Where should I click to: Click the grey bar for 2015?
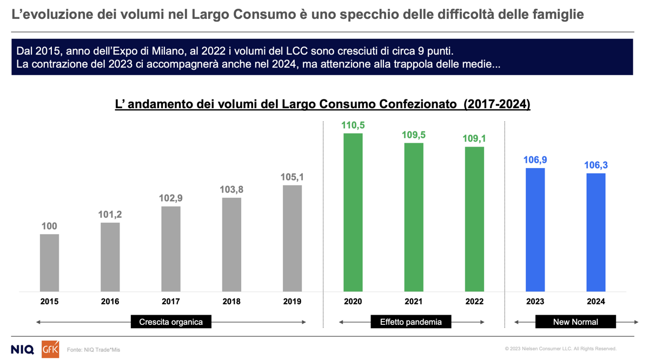[x=49, y=263]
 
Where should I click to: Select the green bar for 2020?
[x=353, y=212]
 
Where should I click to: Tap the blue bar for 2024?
[x=596, y=232]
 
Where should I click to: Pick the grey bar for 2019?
[x=292, y=238]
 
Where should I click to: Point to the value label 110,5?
[x=353, y=125]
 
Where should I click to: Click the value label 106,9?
[x=535, y=160]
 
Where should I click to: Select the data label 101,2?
[x=110, y=215]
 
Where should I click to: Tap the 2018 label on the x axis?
[x=231, y=302]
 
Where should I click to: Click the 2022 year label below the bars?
[x=474, y=302]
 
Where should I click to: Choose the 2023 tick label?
[x=535, y=302]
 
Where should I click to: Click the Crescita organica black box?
[x=171, y=322]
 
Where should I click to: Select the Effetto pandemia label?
[x=411, y=322]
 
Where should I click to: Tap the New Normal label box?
[x=575, y=322]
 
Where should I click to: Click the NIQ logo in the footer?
[x=22, y=349]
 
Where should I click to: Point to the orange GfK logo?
[x=50, y=349]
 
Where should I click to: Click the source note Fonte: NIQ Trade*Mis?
[x=94, y=350]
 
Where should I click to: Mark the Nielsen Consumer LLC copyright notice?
[x=560, y=349]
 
